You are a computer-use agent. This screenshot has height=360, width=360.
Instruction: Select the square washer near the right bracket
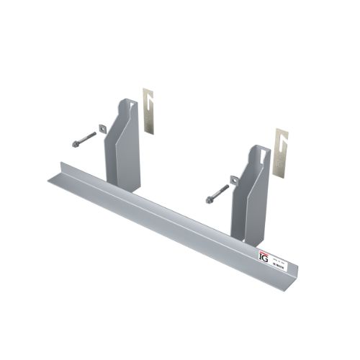235,180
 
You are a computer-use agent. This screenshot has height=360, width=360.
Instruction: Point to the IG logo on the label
264,255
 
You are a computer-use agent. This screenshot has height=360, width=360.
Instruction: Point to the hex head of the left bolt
74,144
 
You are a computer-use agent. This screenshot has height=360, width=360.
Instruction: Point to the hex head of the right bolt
209,199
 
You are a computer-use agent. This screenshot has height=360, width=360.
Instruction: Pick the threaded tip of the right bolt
227,186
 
